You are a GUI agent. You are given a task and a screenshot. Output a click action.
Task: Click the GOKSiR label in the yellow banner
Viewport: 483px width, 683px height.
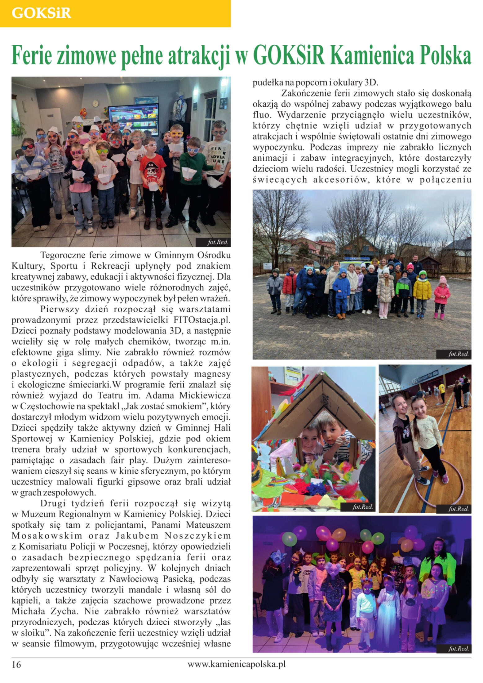point(41,13)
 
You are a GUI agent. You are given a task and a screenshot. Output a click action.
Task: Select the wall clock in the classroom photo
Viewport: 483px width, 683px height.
point(95,104)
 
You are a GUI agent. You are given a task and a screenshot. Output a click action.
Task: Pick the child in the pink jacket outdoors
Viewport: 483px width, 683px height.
point(442,296)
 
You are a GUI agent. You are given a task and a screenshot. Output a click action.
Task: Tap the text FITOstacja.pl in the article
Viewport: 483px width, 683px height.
point(202,320)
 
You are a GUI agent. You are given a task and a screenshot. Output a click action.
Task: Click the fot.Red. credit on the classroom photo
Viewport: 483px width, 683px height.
point(218,242)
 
